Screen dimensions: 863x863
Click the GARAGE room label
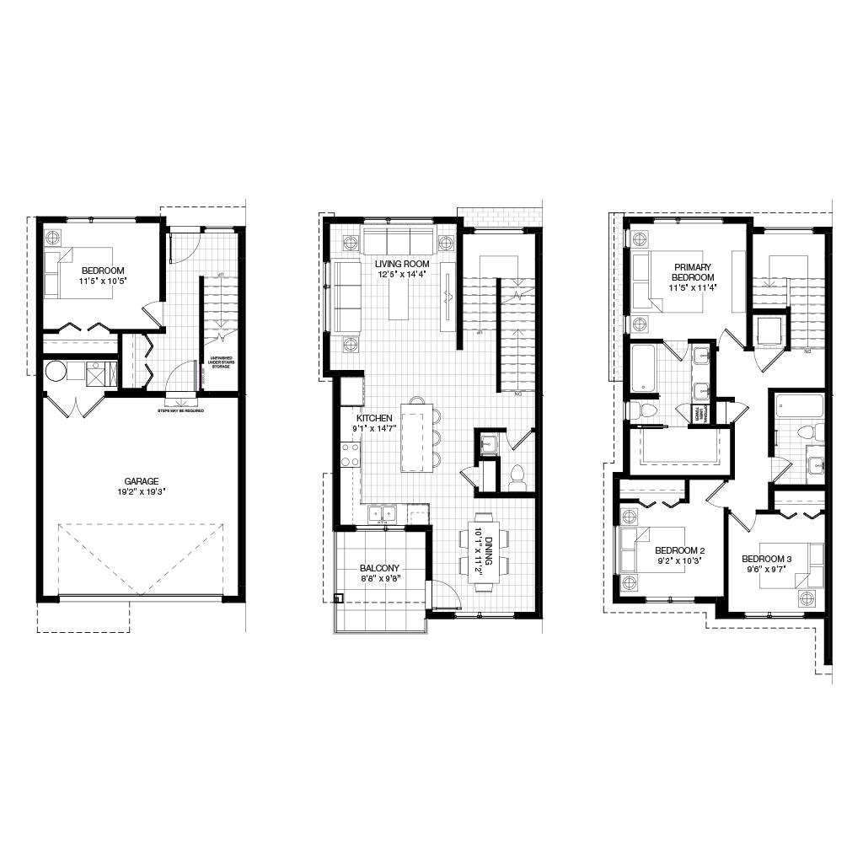142,482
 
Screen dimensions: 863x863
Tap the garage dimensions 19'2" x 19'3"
142,492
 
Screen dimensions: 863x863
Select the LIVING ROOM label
402,265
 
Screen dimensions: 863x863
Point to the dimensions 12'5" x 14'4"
402,275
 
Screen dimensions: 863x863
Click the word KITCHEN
374,419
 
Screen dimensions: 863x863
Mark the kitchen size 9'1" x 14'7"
374,429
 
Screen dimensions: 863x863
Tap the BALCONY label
379,569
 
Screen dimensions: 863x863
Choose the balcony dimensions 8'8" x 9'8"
379,579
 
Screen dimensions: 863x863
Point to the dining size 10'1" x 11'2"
478,550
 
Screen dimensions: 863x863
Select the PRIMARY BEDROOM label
693,272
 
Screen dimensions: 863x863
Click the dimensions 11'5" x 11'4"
693,288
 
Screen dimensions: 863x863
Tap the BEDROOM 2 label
679,551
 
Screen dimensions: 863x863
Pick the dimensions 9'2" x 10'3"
679,561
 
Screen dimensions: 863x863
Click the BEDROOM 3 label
767,560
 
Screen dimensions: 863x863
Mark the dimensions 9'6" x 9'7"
767,570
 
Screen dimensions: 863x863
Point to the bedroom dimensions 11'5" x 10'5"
103,281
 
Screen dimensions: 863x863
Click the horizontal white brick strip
500,217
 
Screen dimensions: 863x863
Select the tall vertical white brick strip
616,297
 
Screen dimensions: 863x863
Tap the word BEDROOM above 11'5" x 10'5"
103,271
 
